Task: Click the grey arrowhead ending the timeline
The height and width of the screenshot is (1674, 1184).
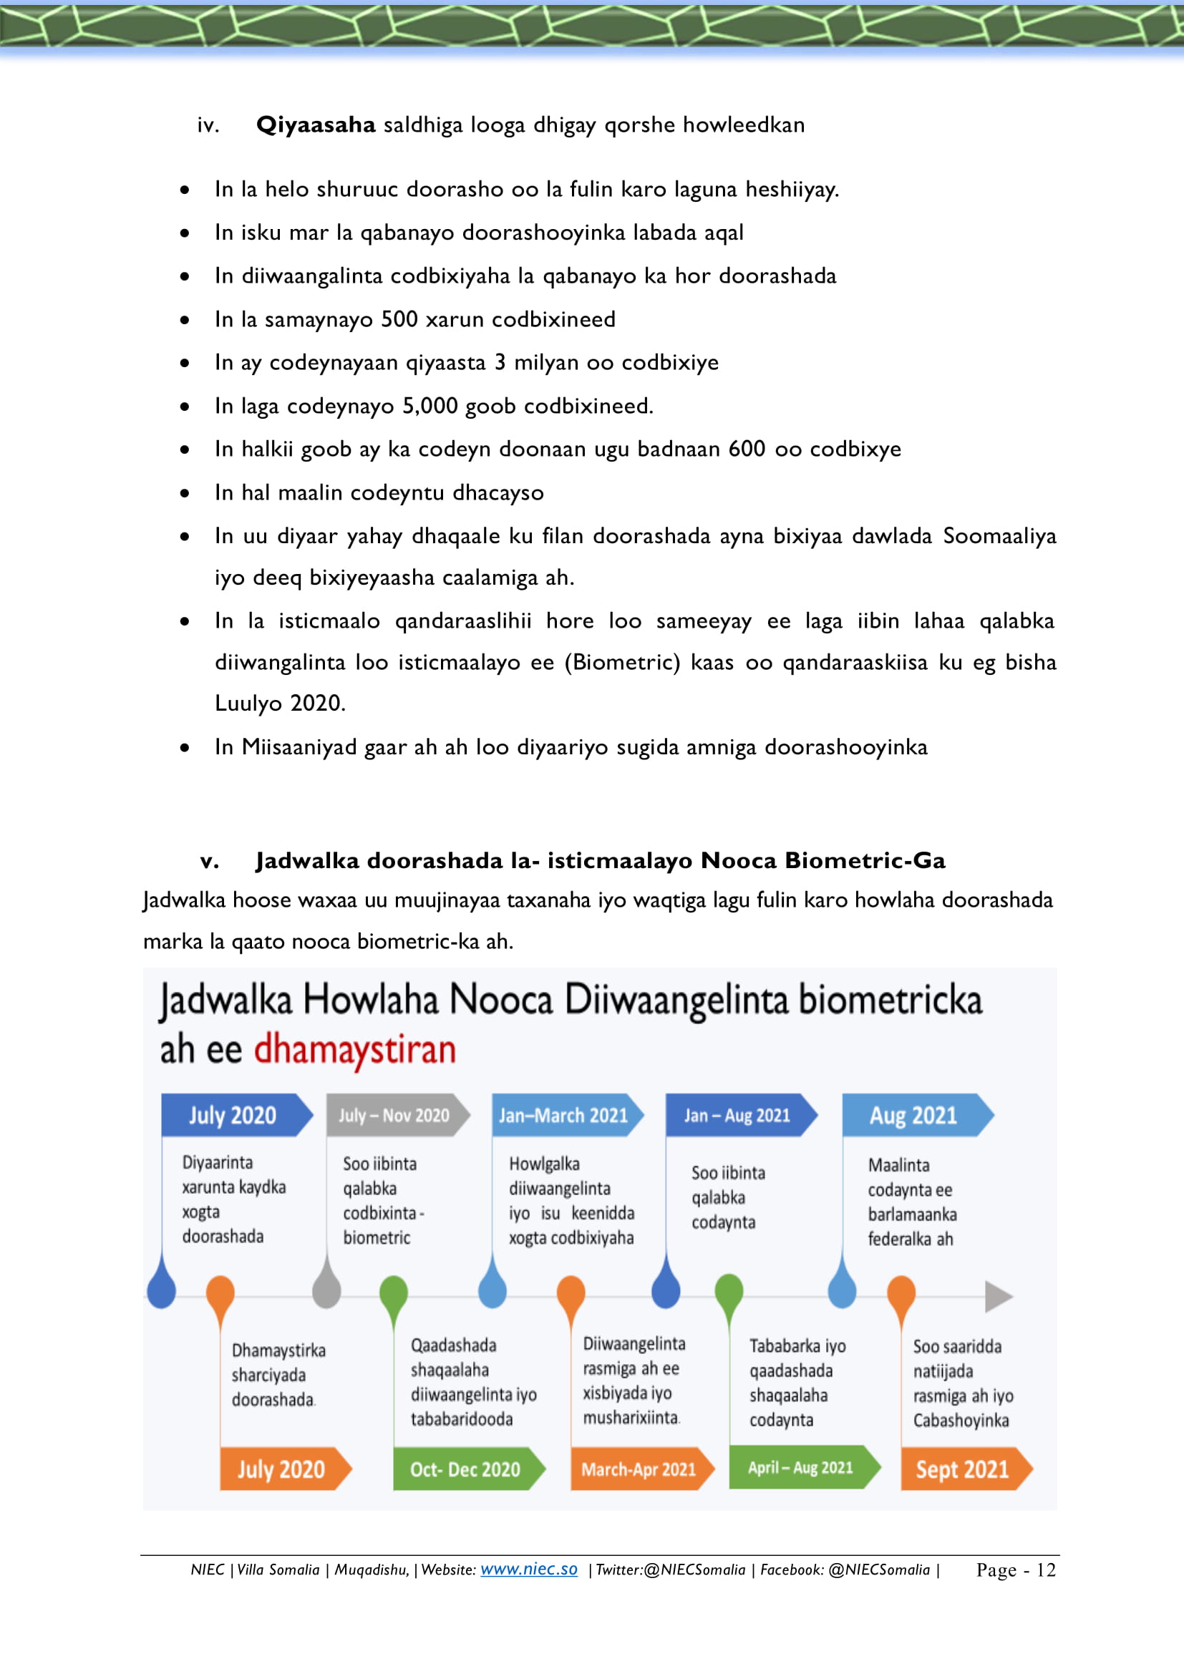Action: [x=997, y=1297]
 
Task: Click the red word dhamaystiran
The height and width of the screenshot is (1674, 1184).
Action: [x=355, y=1049]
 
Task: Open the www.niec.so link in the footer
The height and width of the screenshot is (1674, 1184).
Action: [x=528, y=1569]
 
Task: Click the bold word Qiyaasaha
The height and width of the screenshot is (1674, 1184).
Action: [x=316, y=125]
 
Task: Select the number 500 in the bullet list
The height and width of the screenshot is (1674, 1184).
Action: [x=399, y=319]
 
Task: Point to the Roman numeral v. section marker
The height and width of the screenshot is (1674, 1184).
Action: [x=209, y=861]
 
